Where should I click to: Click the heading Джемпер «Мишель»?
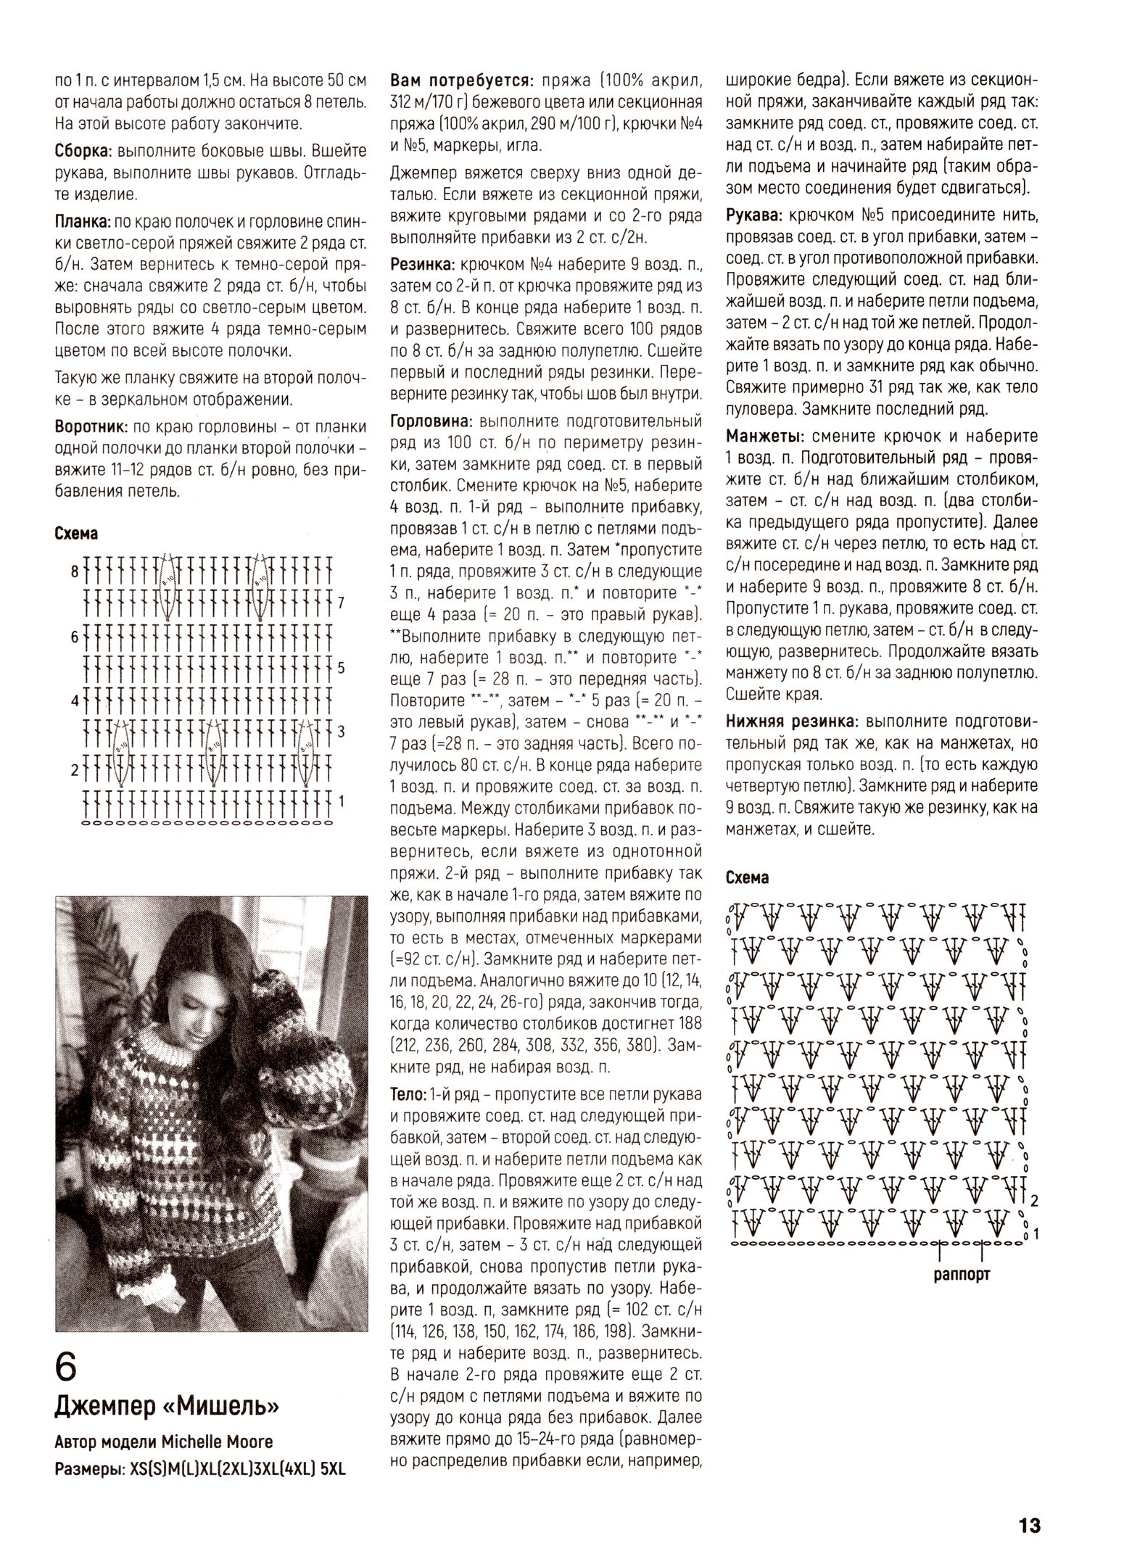click(167, 1407)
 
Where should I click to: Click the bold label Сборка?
click(82, 152)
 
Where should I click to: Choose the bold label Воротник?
click(91, 426)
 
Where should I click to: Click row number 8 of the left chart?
click(74, 571)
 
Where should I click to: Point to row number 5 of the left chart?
click(341, 667)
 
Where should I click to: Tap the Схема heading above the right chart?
click(747, 877)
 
